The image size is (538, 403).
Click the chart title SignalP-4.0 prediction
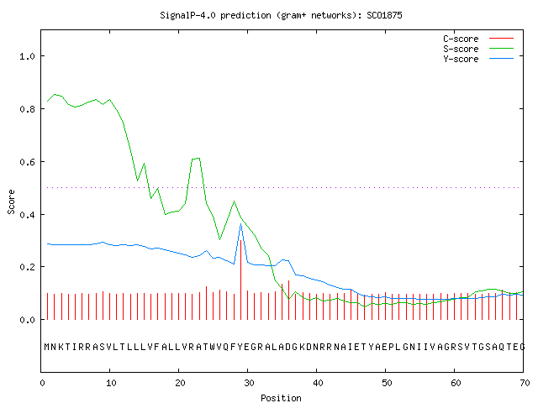point(281,15)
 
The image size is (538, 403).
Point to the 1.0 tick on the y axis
point(27,56)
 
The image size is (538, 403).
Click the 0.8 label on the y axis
point(27,109)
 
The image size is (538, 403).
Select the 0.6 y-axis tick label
point(27,162)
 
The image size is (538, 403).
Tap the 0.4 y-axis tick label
point(27,215)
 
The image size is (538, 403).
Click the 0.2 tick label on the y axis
point(27,267)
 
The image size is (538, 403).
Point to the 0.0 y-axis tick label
point(27,320)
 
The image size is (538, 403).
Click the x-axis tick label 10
point(111,383)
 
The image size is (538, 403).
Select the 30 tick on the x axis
point(249,383)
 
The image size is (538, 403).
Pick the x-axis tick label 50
point(387,383)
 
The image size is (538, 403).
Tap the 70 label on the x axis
point(525,383)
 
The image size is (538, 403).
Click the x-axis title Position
point(281,398)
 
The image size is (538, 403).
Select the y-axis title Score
point(11,202)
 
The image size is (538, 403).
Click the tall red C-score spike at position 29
point(241,280)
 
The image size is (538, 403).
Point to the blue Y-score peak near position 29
point(241,224)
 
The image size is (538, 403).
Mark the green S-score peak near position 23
point(198,158)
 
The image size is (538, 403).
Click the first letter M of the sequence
point(47,347)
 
